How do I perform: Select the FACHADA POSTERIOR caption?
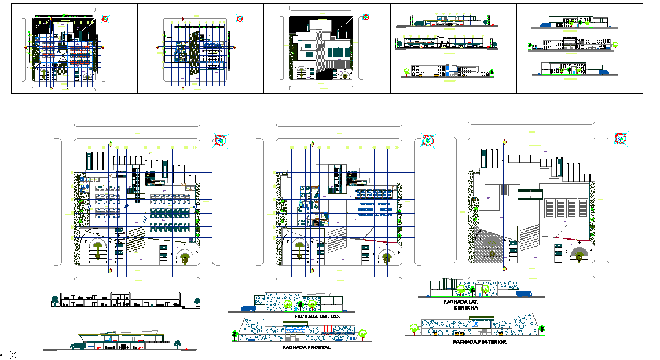point(479,342)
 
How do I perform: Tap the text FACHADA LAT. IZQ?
point(317,317)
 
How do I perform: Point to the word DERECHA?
point(466,308)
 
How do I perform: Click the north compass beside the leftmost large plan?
point(220,140)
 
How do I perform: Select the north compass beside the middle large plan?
point(428,141)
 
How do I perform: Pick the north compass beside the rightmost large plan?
point(621,138)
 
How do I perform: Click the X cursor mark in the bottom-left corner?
point(13,355)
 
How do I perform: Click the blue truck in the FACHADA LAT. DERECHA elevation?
point(525,293)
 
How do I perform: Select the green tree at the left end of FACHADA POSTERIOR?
point(414,328)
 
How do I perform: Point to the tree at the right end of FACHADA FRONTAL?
point(363,333)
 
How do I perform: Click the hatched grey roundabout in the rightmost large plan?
point(492,248)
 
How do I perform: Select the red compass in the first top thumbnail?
point(105,19)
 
